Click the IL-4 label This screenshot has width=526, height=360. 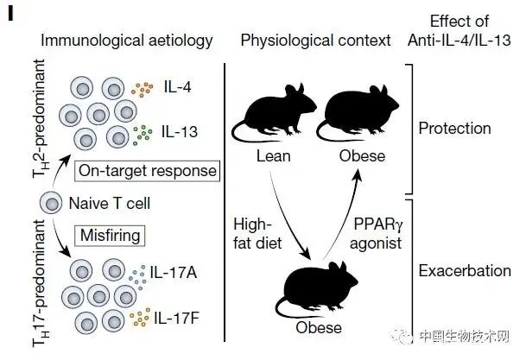178,88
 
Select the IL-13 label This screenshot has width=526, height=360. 181,131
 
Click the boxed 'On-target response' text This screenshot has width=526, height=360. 146,171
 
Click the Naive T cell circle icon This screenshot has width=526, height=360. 50,204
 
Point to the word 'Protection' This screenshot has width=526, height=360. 454,129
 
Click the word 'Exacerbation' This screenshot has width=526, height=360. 464,271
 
